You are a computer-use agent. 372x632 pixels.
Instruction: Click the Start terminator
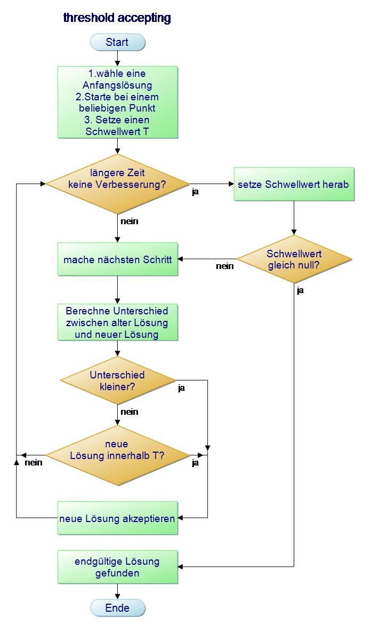[x=117, y=42]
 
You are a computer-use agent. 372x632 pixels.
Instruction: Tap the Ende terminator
[x=117, y=608]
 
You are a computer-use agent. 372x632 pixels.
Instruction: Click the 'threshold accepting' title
[x=117, y=18]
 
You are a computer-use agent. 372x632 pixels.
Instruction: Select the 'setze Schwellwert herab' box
[x=294, y=184]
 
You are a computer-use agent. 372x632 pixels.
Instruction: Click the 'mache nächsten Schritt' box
[x=118, y=259]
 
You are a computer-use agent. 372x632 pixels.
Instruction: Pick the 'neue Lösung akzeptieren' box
[x=118, y=518]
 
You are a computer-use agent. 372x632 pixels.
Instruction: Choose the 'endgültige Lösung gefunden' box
[x=118, y=567]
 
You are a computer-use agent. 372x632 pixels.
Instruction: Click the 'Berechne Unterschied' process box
[x=118, y=322]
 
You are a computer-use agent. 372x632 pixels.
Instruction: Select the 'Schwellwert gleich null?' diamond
[x=294, y=259]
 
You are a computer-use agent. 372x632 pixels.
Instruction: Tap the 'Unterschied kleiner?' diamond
[x=118, y=381]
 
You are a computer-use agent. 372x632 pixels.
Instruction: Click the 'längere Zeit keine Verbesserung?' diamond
[x=118, y=184]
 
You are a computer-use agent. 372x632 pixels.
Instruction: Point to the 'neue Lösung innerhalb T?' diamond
[x=118, y=455]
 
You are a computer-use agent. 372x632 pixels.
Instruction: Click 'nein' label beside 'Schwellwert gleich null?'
[x=225, y=266]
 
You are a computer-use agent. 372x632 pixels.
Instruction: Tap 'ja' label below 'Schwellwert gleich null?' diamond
[x=301, y=290]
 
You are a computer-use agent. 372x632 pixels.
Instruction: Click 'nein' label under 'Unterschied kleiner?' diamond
[x=130, y=412]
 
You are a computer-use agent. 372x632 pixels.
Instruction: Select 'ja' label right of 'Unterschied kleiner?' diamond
[x=182, y=388]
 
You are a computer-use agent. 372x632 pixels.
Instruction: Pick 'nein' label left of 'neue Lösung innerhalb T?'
[x=34, y=463]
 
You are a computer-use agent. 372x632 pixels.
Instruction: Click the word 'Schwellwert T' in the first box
[x=117, y=131]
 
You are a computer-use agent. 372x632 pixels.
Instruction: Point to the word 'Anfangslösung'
[x=117, y=85]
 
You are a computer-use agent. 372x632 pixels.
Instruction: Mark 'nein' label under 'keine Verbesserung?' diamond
[x=130, y=222]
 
